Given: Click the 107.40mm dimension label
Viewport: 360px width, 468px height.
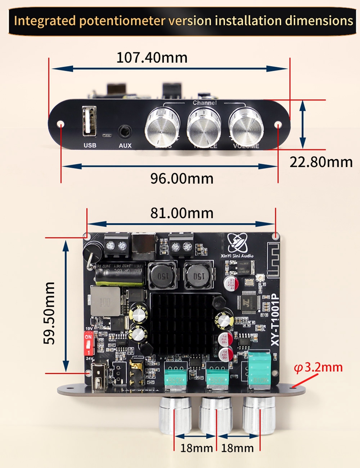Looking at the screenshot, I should (x=152, y=58).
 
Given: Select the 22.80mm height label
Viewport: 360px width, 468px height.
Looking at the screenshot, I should (x=320, y=162).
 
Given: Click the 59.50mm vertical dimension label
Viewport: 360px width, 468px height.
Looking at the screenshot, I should (x=49, y=313).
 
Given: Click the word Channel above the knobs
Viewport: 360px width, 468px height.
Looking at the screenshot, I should (x=205, y=103).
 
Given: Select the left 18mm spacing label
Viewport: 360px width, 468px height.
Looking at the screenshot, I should (x=196, y=448).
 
